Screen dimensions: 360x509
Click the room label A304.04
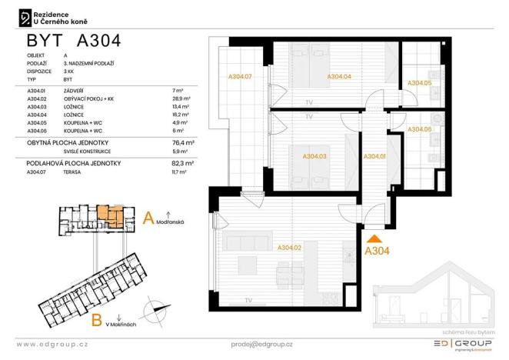coord(339,77)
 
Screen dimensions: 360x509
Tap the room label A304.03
coord(314,156)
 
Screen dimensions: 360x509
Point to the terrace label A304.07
coord(240,77)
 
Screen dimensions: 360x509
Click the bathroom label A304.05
coord(420,82)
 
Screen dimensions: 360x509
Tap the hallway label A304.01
coord(374,156)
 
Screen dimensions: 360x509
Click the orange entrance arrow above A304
coord(375,238)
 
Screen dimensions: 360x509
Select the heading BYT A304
coord(73,40)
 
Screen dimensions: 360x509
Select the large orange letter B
coord(97,318)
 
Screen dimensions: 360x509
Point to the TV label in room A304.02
coord(248,300)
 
